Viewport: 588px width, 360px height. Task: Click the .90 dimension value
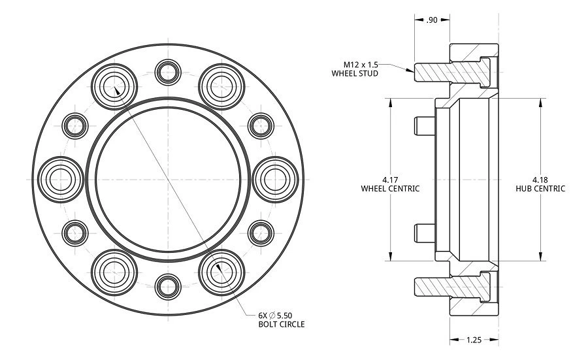[x=432, y=20]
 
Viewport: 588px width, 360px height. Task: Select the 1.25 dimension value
[x=474, y=340]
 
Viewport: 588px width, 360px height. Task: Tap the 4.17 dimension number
[x=390, y=179]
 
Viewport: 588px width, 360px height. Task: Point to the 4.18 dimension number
[x=540, y=179]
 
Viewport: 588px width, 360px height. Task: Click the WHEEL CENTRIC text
[x=390, y=188]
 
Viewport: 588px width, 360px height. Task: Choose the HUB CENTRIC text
[x=540, y=188]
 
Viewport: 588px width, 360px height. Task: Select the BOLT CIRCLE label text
[x=282, y=324]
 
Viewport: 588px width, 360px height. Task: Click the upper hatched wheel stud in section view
[x=451, y=71]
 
